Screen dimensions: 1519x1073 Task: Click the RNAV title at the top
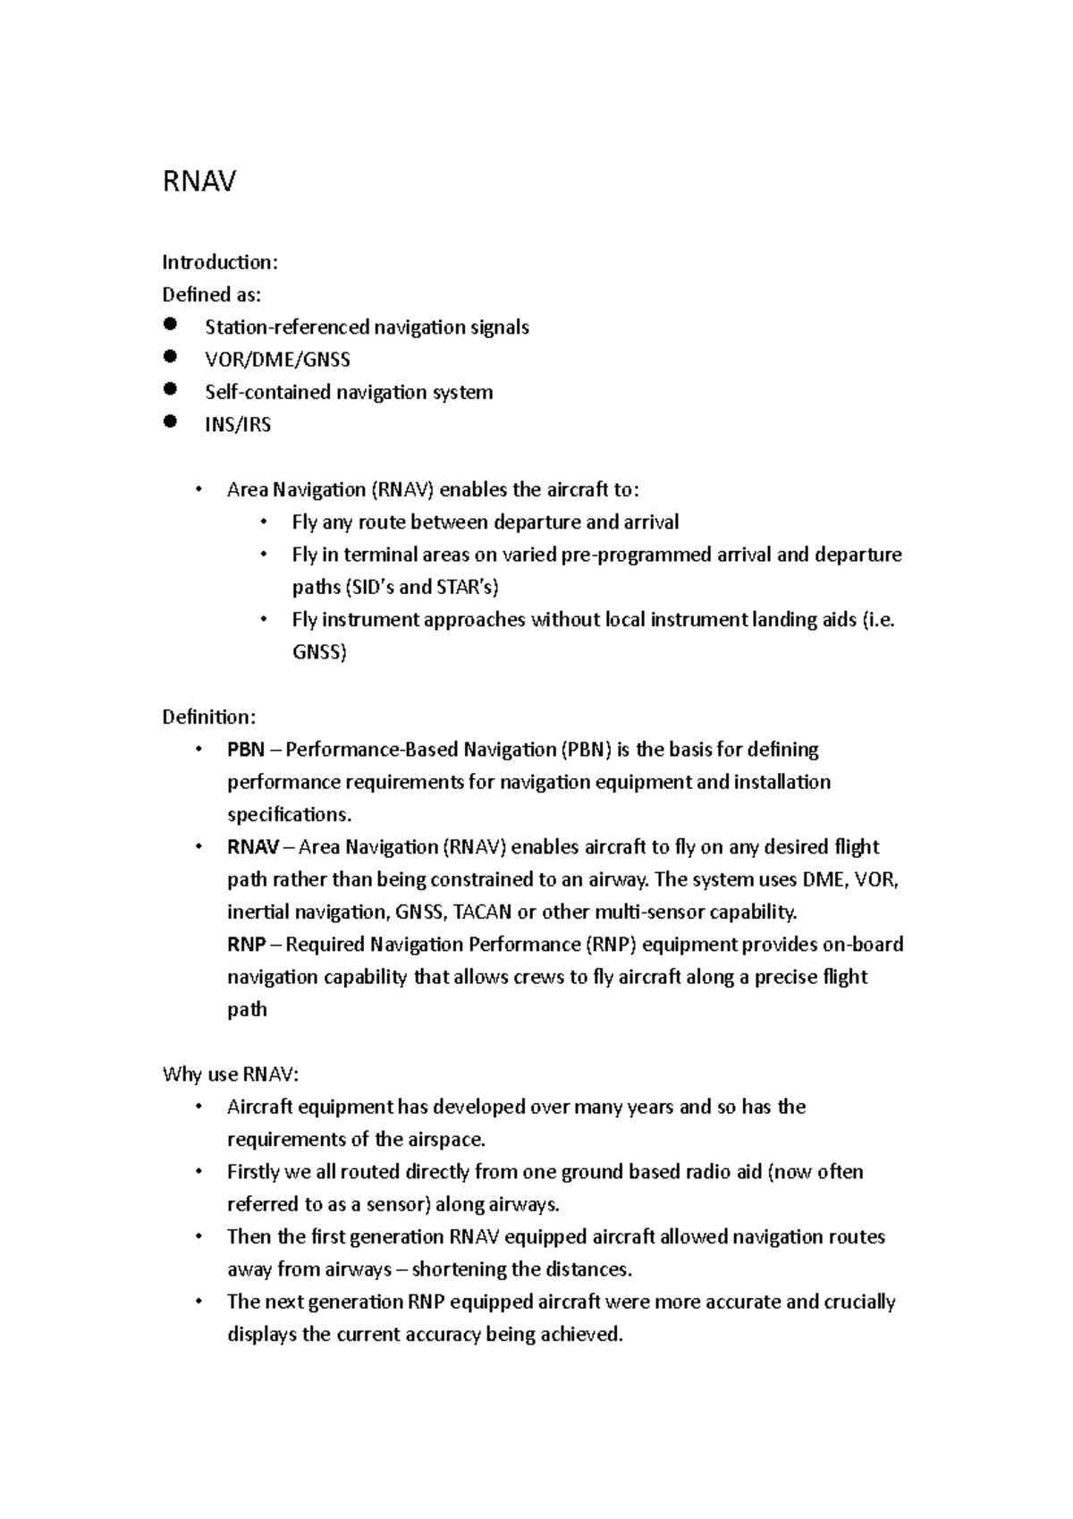199,182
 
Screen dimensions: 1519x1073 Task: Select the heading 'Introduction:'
220,262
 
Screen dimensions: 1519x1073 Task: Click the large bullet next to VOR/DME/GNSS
171,357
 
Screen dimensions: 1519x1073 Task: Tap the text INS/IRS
238,425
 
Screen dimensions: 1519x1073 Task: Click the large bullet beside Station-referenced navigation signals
171,325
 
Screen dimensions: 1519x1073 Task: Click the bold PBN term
246,750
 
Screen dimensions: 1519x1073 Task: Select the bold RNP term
246,945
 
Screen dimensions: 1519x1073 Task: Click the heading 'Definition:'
209,717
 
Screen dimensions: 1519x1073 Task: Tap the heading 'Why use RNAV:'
224,1074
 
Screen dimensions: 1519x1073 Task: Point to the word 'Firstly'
254,1172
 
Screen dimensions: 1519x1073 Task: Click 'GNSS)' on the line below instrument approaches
319,652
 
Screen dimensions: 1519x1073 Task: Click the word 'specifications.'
290,815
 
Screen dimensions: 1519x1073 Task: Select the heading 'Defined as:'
212,294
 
